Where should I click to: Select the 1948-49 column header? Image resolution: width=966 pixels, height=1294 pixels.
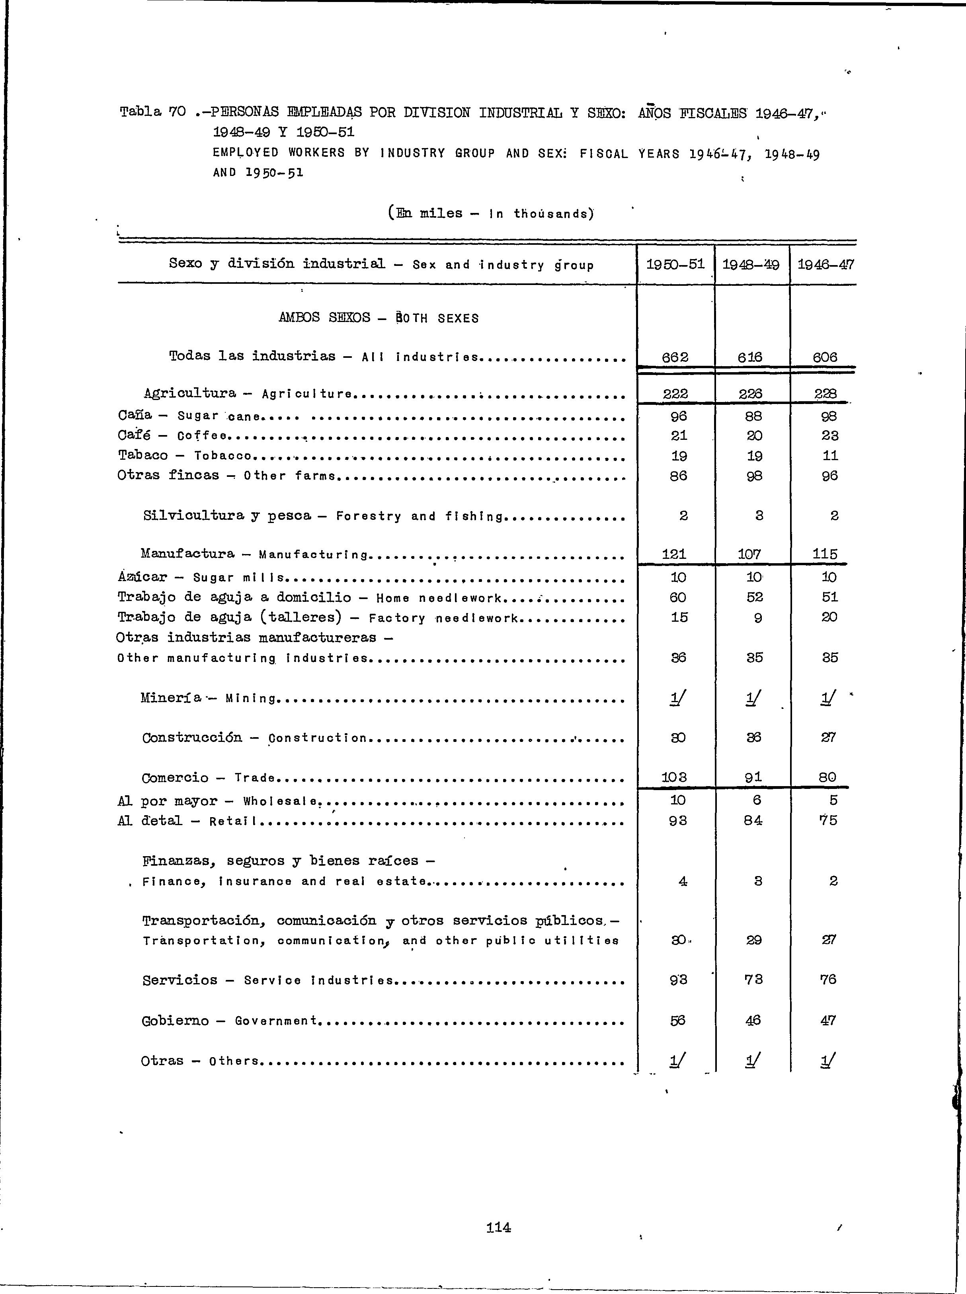click(751, 265)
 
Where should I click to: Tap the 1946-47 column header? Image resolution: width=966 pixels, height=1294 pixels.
click(825, 265)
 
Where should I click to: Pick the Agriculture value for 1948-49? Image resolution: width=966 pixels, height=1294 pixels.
click(750, 394)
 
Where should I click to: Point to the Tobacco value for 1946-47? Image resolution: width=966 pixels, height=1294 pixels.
click(830, 455)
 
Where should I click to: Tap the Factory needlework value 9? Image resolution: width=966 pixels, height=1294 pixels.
click(758, 617)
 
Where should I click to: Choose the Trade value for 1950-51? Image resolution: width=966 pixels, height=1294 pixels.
click(674, 777)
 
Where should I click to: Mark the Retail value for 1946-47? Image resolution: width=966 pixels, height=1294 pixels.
click(829, 820)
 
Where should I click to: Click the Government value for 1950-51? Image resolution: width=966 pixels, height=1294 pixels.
click(678, 1020)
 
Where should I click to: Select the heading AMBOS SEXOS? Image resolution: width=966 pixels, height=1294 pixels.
click(324, 318)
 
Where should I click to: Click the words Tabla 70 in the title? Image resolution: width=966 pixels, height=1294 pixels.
click(152, 111)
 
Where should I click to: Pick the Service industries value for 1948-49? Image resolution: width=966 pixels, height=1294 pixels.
click(754, 980)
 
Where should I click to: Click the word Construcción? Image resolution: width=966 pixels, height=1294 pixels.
click(192, 737)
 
